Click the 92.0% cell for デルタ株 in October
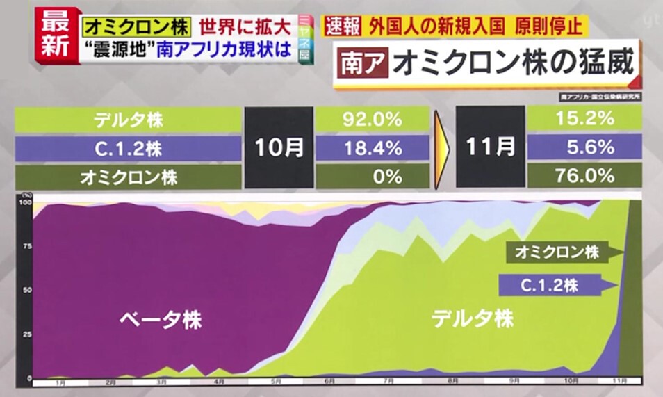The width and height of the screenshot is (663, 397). coord(373,119)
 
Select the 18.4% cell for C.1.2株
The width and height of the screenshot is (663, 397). coord(373,147)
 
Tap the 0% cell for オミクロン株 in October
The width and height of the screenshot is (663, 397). coord(373,177)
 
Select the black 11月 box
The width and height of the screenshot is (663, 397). coord(491,147)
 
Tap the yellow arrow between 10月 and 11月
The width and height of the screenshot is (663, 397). coord(441,147)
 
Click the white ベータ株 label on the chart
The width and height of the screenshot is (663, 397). coord(161,320)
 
